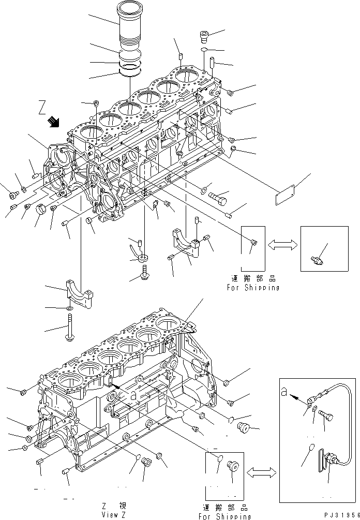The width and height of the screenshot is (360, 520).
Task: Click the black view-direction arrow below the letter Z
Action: tap(53, 122)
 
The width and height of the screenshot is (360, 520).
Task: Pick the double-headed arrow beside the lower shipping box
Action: tap(262, 472)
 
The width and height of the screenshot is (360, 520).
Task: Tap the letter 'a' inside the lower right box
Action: tap(284, 391)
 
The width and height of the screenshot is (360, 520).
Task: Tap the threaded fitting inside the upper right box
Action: tap(317, 255)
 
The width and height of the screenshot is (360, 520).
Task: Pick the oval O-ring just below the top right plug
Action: tap(205, 50)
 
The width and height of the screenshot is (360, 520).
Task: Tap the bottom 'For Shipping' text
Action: tap(225, 516)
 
